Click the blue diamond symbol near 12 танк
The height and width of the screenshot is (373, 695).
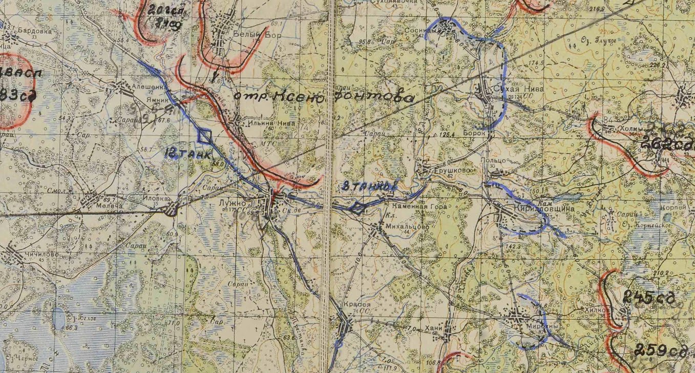pyautogui.click(x=205, y=136)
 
